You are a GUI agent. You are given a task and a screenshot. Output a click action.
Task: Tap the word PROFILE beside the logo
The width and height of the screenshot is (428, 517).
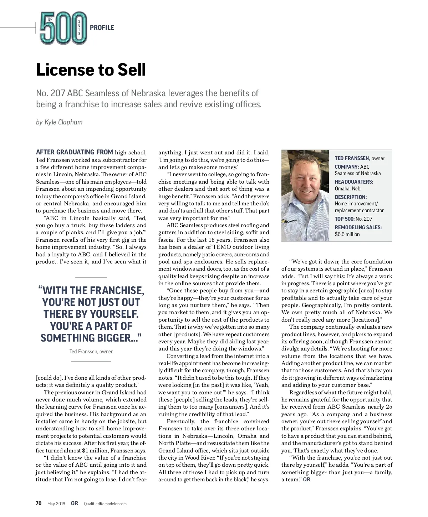(x=102, y=28)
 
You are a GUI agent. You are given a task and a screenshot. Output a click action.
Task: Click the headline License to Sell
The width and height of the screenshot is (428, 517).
(x=91, y=70)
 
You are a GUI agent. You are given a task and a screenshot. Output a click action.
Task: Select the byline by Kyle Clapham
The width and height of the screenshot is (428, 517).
(x=59, y=122)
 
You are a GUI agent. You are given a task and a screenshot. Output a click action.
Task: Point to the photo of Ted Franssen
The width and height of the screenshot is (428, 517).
(x=305, y=195)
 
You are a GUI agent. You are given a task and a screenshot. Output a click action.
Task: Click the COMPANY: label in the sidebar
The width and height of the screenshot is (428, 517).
(x=347, y=167)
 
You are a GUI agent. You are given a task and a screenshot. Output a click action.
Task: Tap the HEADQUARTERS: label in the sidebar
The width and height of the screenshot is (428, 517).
(x=354, y=182)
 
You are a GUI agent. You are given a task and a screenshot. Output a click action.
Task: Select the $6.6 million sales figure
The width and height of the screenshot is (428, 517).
(x=347, y=234)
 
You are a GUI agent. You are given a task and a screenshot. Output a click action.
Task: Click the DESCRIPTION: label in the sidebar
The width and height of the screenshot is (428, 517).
(x=351, y=197)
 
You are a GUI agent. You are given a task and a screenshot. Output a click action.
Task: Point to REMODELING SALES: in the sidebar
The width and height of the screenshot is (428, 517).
(x=358, y=227)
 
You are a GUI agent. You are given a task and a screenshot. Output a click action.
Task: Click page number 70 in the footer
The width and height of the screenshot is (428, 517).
(x=39, y=503)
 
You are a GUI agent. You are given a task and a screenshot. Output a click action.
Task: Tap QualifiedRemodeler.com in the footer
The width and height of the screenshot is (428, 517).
(x=105, y=504)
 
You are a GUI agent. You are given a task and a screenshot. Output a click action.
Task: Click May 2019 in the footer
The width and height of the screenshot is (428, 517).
(x=56, y=504)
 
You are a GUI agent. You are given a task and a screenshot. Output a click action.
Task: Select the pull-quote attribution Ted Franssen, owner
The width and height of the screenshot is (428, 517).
(x=91, y=352)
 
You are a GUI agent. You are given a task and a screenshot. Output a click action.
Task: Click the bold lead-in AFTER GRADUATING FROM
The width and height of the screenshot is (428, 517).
(x=75, y=152)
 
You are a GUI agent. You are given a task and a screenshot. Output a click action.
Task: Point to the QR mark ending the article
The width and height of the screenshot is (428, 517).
(x=307, y=480)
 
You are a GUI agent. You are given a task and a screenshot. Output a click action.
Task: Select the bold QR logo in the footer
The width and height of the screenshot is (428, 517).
(x=75, y=503)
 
